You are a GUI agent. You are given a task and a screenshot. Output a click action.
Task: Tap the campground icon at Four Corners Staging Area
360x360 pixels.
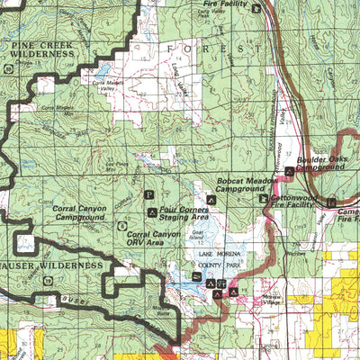[150, 212]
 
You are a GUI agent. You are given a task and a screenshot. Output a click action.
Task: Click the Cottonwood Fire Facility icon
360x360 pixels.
[264, 199]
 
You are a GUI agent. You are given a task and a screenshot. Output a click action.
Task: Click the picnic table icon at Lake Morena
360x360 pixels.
[221, 282]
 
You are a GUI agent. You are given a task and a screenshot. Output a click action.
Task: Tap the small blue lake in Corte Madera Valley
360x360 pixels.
[103, 69]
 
